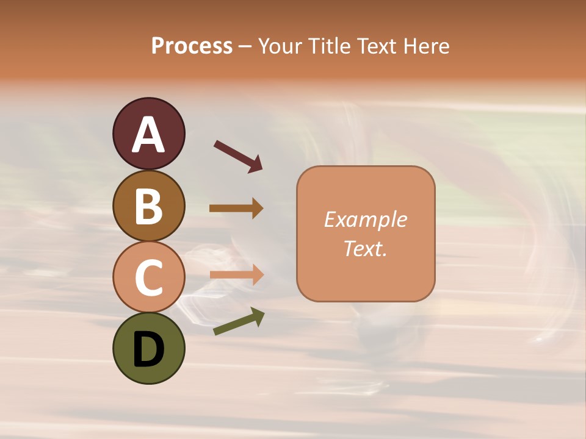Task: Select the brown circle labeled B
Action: point(148,205)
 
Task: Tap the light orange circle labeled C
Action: point(148,277)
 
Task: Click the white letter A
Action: point(148,135)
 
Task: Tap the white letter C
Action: point(148,277)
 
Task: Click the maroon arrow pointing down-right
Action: point(238,155)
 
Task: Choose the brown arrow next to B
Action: point(236,209)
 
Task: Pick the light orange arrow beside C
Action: point(236,275)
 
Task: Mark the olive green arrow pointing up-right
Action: point(239,322)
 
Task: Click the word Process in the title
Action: point(192,46)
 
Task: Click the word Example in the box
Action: point(365,220)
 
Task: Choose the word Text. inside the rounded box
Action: point(365,248)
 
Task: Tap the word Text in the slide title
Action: point(374,46)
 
